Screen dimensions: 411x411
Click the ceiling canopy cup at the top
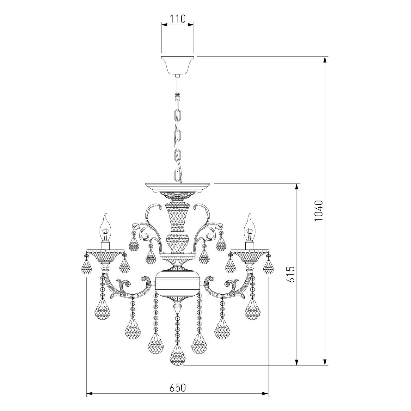point(178,65)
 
